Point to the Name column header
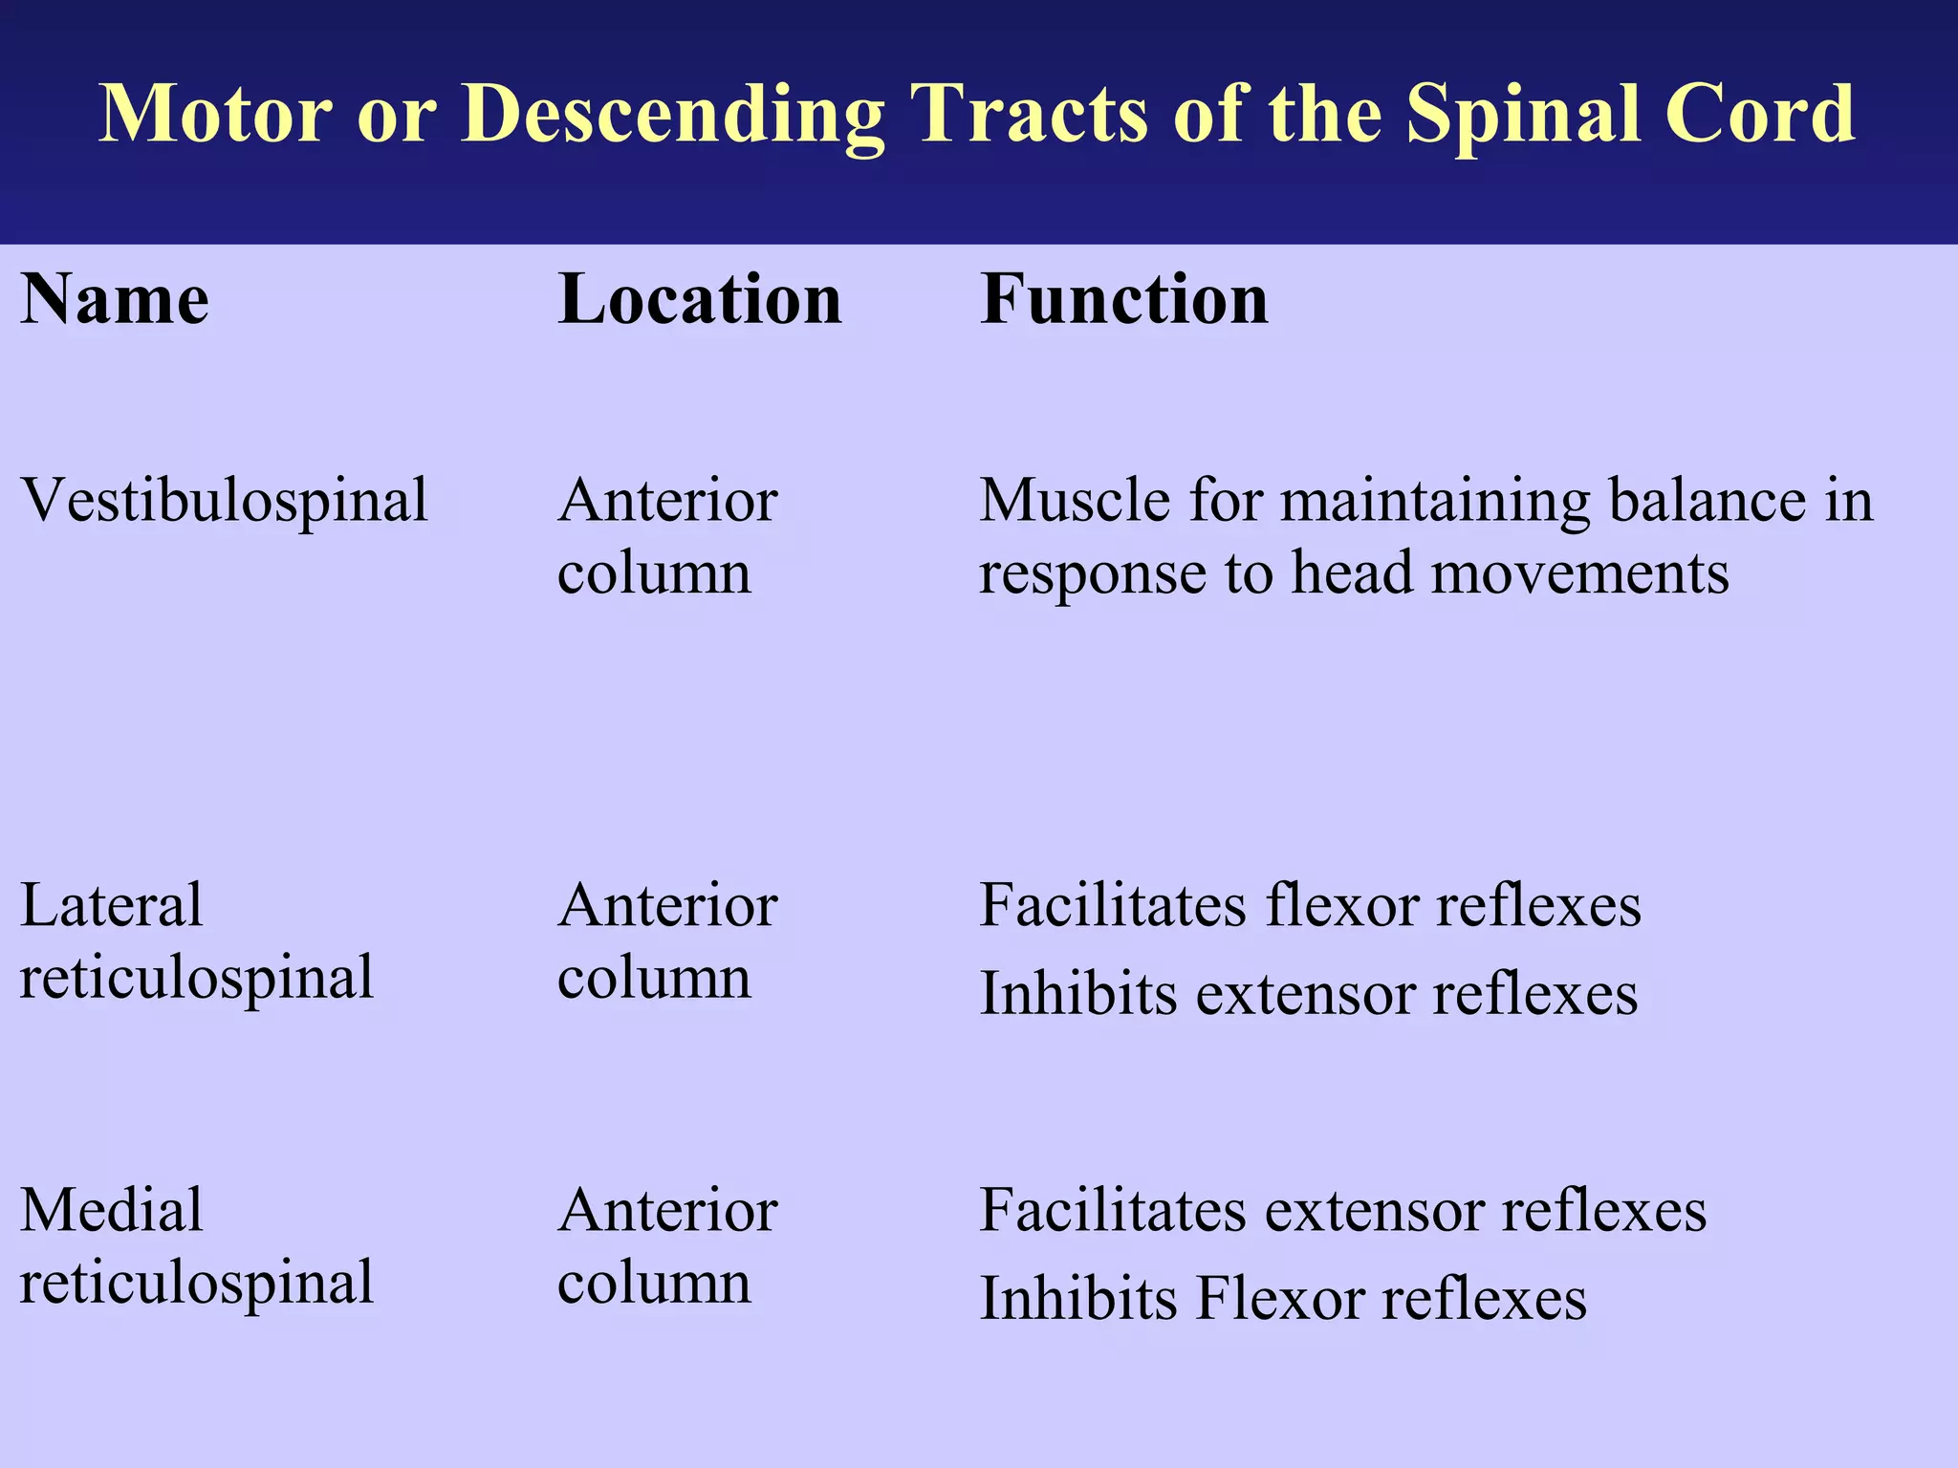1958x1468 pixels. (x=115, y=299)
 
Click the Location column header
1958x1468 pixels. (x=699, y=299)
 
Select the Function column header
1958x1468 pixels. (x=1124, y=299)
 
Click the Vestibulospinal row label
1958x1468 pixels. (x=224, y=502)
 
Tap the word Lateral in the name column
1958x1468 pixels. (x=111, y=904)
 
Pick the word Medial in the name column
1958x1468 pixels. (x=111, y=1209)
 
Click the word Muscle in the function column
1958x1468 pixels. (x=1075, y=500)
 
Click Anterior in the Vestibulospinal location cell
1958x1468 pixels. (x=667, y=500)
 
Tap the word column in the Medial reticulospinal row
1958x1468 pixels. (x=654, y=1283)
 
